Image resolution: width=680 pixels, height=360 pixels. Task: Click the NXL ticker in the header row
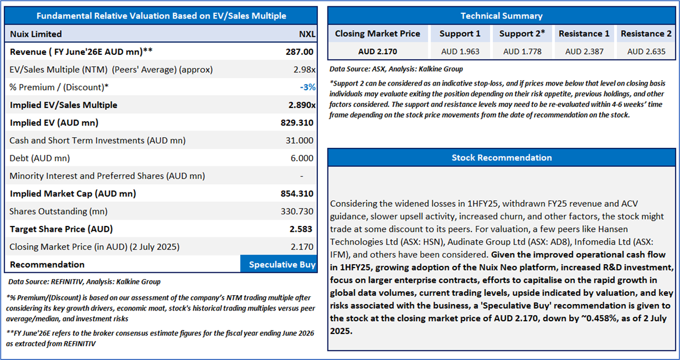point(307,34)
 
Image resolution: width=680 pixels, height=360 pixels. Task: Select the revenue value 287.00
point(299,52)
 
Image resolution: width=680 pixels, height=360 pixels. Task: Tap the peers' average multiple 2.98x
point(305,70)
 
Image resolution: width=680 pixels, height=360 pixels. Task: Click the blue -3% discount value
point(307,87)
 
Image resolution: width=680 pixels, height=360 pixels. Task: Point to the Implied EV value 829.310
point(297,123)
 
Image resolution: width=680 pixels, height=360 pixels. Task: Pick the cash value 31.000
point(299,140)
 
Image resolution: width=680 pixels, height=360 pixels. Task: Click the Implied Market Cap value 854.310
point(297,194)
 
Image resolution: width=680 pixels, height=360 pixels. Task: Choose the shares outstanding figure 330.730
point(297,211)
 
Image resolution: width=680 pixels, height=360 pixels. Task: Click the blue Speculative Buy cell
point(282,264)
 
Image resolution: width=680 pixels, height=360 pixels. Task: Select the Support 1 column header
point(460,34)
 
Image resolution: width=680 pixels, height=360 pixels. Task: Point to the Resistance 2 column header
point(646,34)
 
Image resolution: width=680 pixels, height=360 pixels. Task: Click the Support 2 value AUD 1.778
point(522,52)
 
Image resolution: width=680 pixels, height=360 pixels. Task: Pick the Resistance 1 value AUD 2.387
point(584,52)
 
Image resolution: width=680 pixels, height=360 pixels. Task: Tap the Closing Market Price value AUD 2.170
point(377,52)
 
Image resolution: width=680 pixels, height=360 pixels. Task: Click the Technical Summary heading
point(501,16)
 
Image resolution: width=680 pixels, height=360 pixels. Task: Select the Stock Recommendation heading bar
point(501,157)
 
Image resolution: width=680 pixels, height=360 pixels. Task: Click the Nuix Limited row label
point(36,34)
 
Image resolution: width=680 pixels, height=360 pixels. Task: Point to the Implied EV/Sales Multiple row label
point(63,105)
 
